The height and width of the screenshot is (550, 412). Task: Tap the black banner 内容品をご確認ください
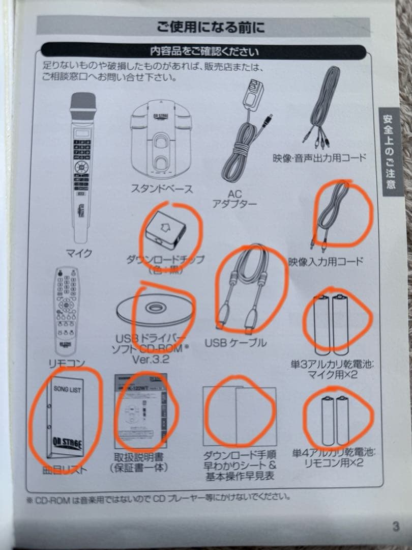pos(203,51)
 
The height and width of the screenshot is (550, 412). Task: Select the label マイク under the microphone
pos(79,253)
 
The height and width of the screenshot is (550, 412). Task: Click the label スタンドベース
pos(162,189)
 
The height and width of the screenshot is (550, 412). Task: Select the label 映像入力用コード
pos(326,262)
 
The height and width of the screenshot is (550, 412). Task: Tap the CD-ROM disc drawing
pos(152,309)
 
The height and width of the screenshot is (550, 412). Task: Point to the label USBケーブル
pos(236,342)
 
